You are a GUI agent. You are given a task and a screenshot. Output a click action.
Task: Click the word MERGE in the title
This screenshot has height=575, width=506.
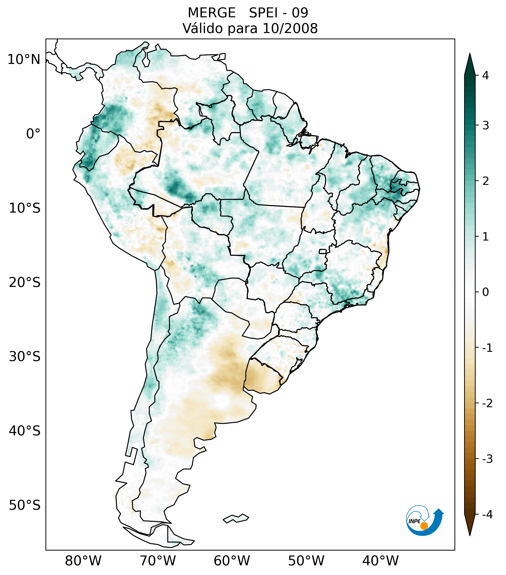tap(211, 13)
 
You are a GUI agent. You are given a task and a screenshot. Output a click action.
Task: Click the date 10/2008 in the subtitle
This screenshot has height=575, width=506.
tap(290, 28)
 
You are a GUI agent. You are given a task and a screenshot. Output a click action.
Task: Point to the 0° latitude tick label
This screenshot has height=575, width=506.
tap(33, 134)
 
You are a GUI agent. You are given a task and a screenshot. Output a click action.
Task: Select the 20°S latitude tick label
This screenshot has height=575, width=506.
tap(25, 283)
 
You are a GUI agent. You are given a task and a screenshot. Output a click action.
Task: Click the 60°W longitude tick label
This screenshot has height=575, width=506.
tap(232, 561)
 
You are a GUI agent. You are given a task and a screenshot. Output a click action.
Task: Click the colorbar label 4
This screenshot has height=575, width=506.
tap(485, 75)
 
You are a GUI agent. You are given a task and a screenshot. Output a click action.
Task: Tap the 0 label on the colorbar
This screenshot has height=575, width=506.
tap(485, 292)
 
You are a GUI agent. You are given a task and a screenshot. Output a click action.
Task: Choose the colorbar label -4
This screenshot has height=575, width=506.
tap(487, 515)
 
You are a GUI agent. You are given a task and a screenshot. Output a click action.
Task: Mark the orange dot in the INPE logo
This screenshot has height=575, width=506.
tap(424, 526)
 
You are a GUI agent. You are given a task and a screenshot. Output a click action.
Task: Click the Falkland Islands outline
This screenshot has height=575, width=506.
tap(236, 518)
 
